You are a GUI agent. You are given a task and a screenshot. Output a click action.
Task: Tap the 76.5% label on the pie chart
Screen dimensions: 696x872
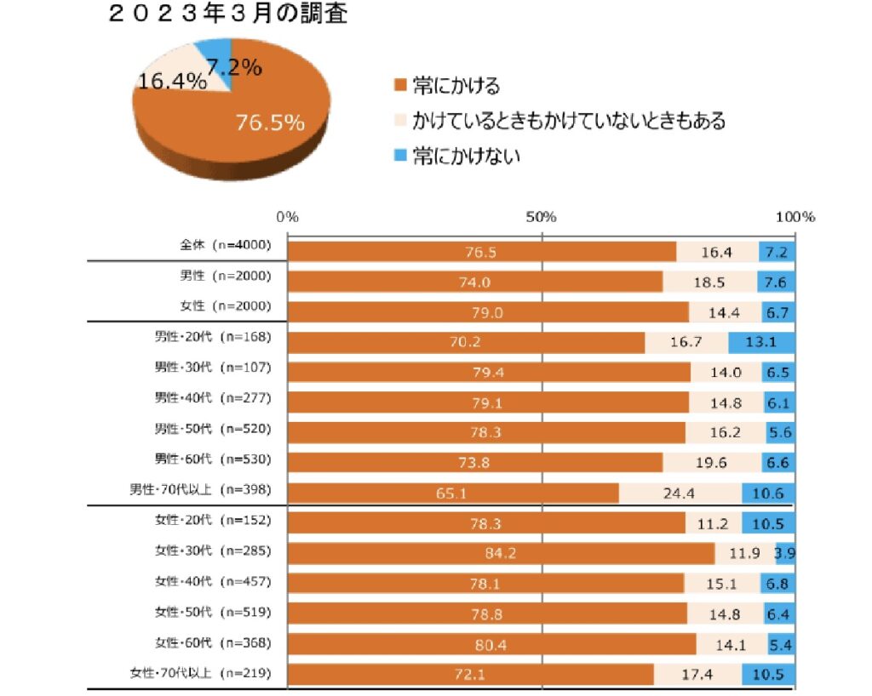click(x=270, y=123)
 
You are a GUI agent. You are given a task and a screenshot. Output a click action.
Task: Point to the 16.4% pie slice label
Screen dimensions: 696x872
click(x=172, y=82)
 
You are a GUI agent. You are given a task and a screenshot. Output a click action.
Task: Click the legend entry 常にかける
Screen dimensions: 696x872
click(x=456, y=85)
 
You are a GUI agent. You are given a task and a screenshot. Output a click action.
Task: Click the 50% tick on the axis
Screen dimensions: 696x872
click(x=542, y=217)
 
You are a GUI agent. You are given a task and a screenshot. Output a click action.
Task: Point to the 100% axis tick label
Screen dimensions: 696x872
click(x=795, y=217)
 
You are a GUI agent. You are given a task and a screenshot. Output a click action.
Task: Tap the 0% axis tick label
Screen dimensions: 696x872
click(x=288, y=217)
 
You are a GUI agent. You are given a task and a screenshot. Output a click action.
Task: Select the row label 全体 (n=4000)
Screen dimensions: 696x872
click(x=225, y=245)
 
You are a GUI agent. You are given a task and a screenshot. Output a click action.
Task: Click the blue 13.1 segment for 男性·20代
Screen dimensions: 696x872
click(x=761, y=343)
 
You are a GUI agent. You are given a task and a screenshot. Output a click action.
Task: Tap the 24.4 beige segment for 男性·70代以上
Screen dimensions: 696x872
click(x=680, y=493)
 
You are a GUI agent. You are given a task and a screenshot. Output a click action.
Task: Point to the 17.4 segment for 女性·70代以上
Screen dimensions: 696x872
click(x=697, y=675)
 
